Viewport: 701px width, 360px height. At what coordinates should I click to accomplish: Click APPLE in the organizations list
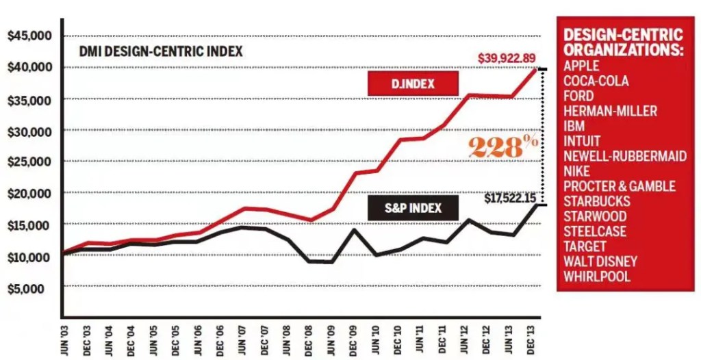[x=581, y=66]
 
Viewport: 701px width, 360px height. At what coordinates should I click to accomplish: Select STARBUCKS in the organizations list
[x=595, y=201]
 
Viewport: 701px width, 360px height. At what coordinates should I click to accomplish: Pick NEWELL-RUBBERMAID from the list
[x=624, y=156]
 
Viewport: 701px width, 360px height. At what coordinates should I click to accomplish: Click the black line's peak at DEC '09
[x=353, y=229]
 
